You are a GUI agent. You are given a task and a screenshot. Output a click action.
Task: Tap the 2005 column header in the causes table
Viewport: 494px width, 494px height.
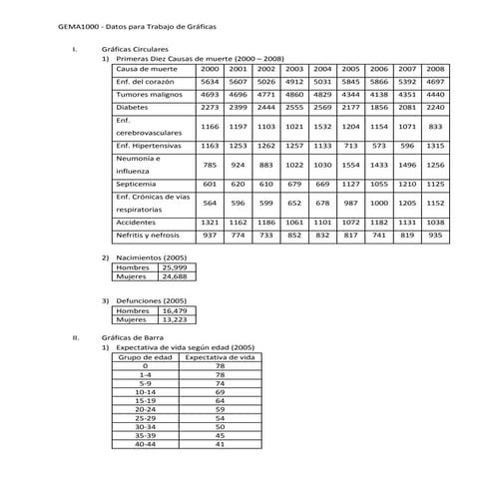pos(350,69)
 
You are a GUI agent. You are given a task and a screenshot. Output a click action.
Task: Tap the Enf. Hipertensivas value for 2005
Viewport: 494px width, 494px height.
pos(350,146)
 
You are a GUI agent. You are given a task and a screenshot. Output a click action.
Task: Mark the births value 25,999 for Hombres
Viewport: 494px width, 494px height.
pos(173,267)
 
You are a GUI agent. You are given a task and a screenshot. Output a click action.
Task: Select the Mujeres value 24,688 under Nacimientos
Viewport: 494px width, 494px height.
pos(173,276)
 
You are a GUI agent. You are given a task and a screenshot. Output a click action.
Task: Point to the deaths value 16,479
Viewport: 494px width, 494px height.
pos(173,310)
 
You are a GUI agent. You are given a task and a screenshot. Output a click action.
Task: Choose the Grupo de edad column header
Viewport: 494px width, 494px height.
pos(146,356)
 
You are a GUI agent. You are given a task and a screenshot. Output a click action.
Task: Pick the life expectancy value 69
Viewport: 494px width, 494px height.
pos(220,391)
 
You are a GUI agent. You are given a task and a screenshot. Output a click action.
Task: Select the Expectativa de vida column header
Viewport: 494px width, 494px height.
pos(221,356)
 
